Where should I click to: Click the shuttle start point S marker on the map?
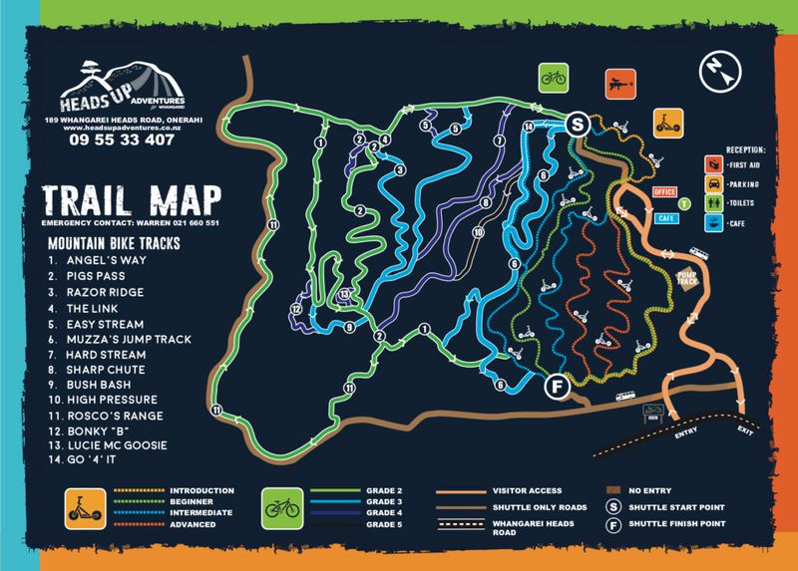click(x=576, y=124)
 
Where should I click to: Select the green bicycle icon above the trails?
click(x=552, y=75)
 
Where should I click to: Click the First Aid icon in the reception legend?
click(x=712, y=163)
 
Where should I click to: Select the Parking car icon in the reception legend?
click(x=712, y=183)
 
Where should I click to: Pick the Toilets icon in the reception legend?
click(x=712, y=203)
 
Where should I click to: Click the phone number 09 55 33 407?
click(x=118, y=141)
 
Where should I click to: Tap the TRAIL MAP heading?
click(x=130, y=196)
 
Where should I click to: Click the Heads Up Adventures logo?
click(x=117, y=89)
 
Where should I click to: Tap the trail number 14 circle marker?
click(x=528, y=127)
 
